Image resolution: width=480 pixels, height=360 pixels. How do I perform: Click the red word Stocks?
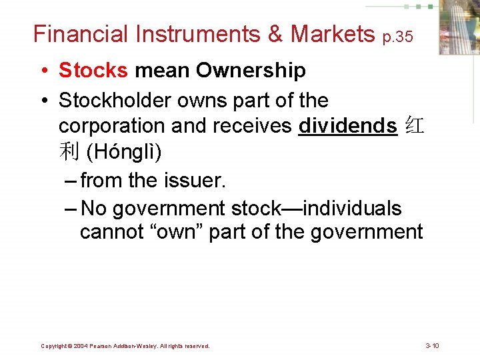[93, 70]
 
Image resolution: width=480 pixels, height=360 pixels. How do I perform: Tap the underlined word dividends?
[347, 126]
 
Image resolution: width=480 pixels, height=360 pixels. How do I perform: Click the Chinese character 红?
[413, 126]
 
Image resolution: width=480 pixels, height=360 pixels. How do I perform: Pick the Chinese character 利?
[69, 152]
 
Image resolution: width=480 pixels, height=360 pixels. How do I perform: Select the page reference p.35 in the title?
[397, 37]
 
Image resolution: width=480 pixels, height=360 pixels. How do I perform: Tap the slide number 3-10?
[432, 345]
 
